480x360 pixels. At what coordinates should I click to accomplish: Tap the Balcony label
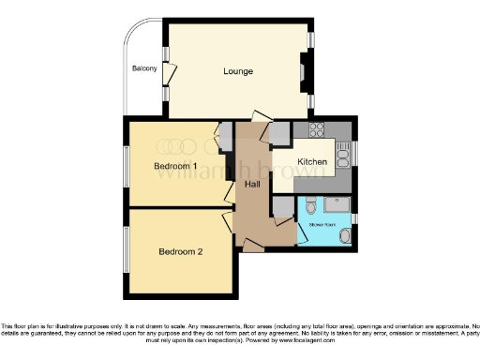tap(143, 68)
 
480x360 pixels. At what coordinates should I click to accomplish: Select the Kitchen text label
tap(312, 162)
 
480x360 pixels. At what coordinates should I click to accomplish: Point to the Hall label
tap(252, 184)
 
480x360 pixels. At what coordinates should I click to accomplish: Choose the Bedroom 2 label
tap(181, 251)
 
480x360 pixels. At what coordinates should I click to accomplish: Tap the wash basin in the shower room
tap(345, 236)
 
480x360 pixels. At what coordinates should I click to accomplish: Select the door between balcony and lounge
tap(169, 74)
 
